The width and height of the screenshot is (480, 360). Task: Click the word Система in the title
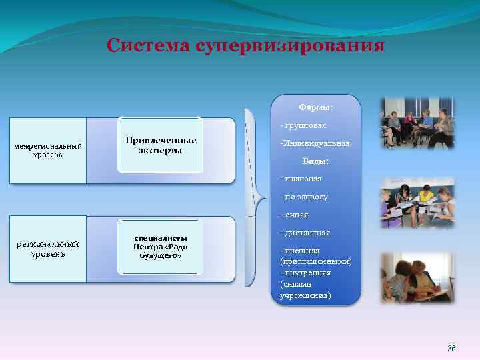click(x=147, y=45)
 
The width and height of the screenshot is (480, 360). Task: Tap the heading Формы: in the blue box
click(x=316, y=107)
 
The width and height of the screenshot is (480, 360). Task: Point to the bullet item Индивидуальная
click(x=314, y=143)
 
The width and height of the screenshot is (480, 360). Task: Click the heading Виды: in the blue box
click(x=316, y=161)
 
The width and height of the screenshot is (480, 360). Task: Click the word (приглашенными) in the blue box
click(x=316, y=262)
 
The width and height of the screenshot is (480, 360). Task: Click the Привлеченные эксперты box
click(x=161, y=145)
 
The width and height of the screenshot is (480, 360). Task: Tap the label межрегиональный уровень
click(x=48, y=151)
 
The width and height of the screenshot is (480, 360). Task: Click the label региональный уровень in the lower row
click(x=48, y=249)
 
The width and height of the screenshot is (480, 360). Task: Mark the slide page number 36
click(x=451, y=349)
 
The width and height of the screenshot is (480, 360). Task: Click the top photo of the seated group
click(x=417, y=123)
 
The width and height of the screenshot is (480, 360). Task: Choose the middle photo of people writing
click(x=417, y=203)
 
